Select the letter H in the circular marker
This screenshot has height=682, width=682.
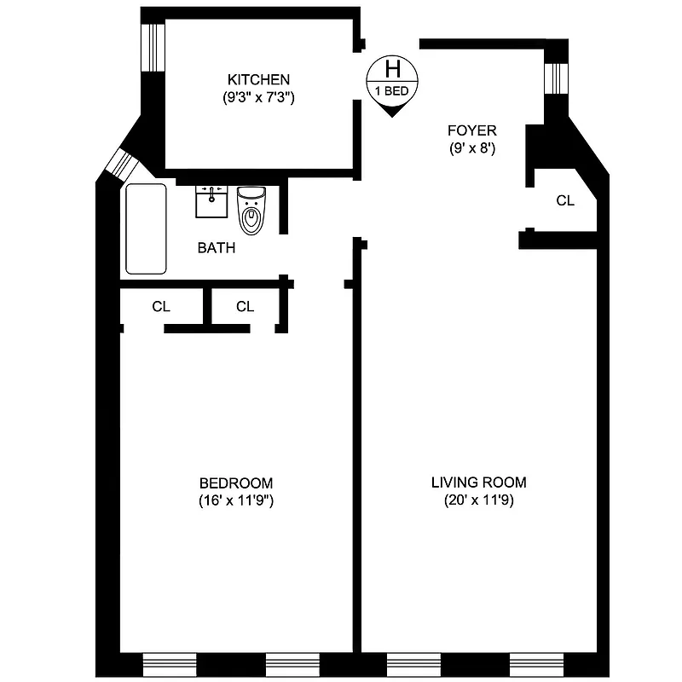click(x=393, y=67)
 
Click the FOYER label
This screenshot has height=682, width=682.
click(x=471, y=130)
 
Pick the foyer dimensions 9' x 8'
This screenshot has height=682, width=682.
click(x=471, y=148)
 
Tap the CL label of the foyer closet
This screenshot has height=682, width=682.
click(x=564, y=201)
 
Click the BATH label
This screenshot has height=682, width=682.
click(x=217, y=248)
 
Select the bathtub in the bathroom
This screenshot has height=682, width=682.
click(x=146, y=228)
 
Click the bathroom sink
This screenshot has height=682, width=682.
click(x=211, y=201)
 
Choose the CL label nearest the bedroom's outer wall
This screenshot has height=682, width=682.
click(x=161, y=307)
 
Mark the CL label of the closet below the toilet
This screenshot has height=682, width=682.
click(x=245, y=307)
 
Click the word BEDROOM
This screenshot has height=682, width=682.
click(x=235, y=483)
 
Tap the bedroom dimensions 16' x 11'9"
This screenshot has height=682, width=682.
click(x=235, y=501)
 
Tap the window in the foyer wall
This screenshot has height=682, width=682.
click(x=556, y=78)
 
